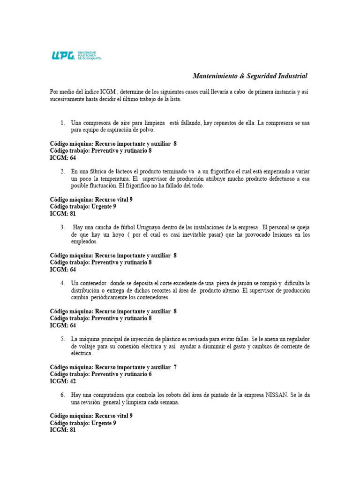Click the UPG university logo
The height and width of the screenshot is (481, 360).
coord(76,55)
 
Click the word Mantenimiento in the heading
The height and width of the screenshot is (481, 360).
coord(217,76)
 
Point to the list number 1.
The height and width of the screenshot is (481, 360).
coord(62,123)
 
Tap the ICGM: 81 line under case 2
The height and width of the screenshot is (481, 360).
coord(63,214)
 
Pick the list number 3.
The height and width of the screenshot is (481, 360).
coord(62,227)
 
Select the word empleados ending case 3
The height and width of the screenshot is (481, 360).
coord(84,241)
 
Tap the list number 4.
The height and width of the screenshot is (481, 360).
coord(62,283)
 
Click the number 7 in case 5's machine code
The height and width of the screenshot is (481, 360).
coord(175,367)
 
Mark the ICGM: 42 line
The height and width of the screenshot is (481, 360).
coord(63,381)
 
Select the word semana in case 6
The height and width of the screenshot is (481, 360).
coord(169,403)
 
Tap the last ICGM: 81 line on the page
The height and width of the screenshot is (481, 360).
coord(63,430)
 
